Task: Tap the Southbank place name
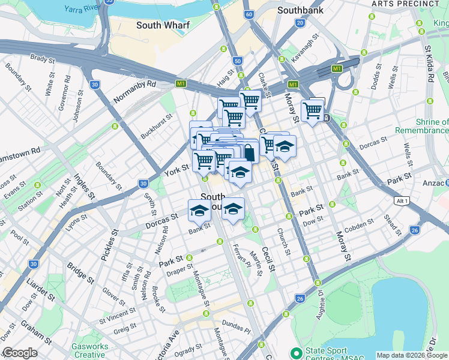click(301, 10)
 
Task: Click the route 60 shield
click(249, 13)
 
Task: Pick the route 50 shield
click(238, 61)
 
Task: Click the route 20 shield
click(299, 23)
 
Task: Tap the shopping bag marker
click(249, 152)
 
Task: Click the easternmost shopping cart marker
click(313, 111)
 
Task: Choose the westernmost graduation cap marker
click(200, 211)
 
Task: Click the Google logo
click(19, 353)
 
